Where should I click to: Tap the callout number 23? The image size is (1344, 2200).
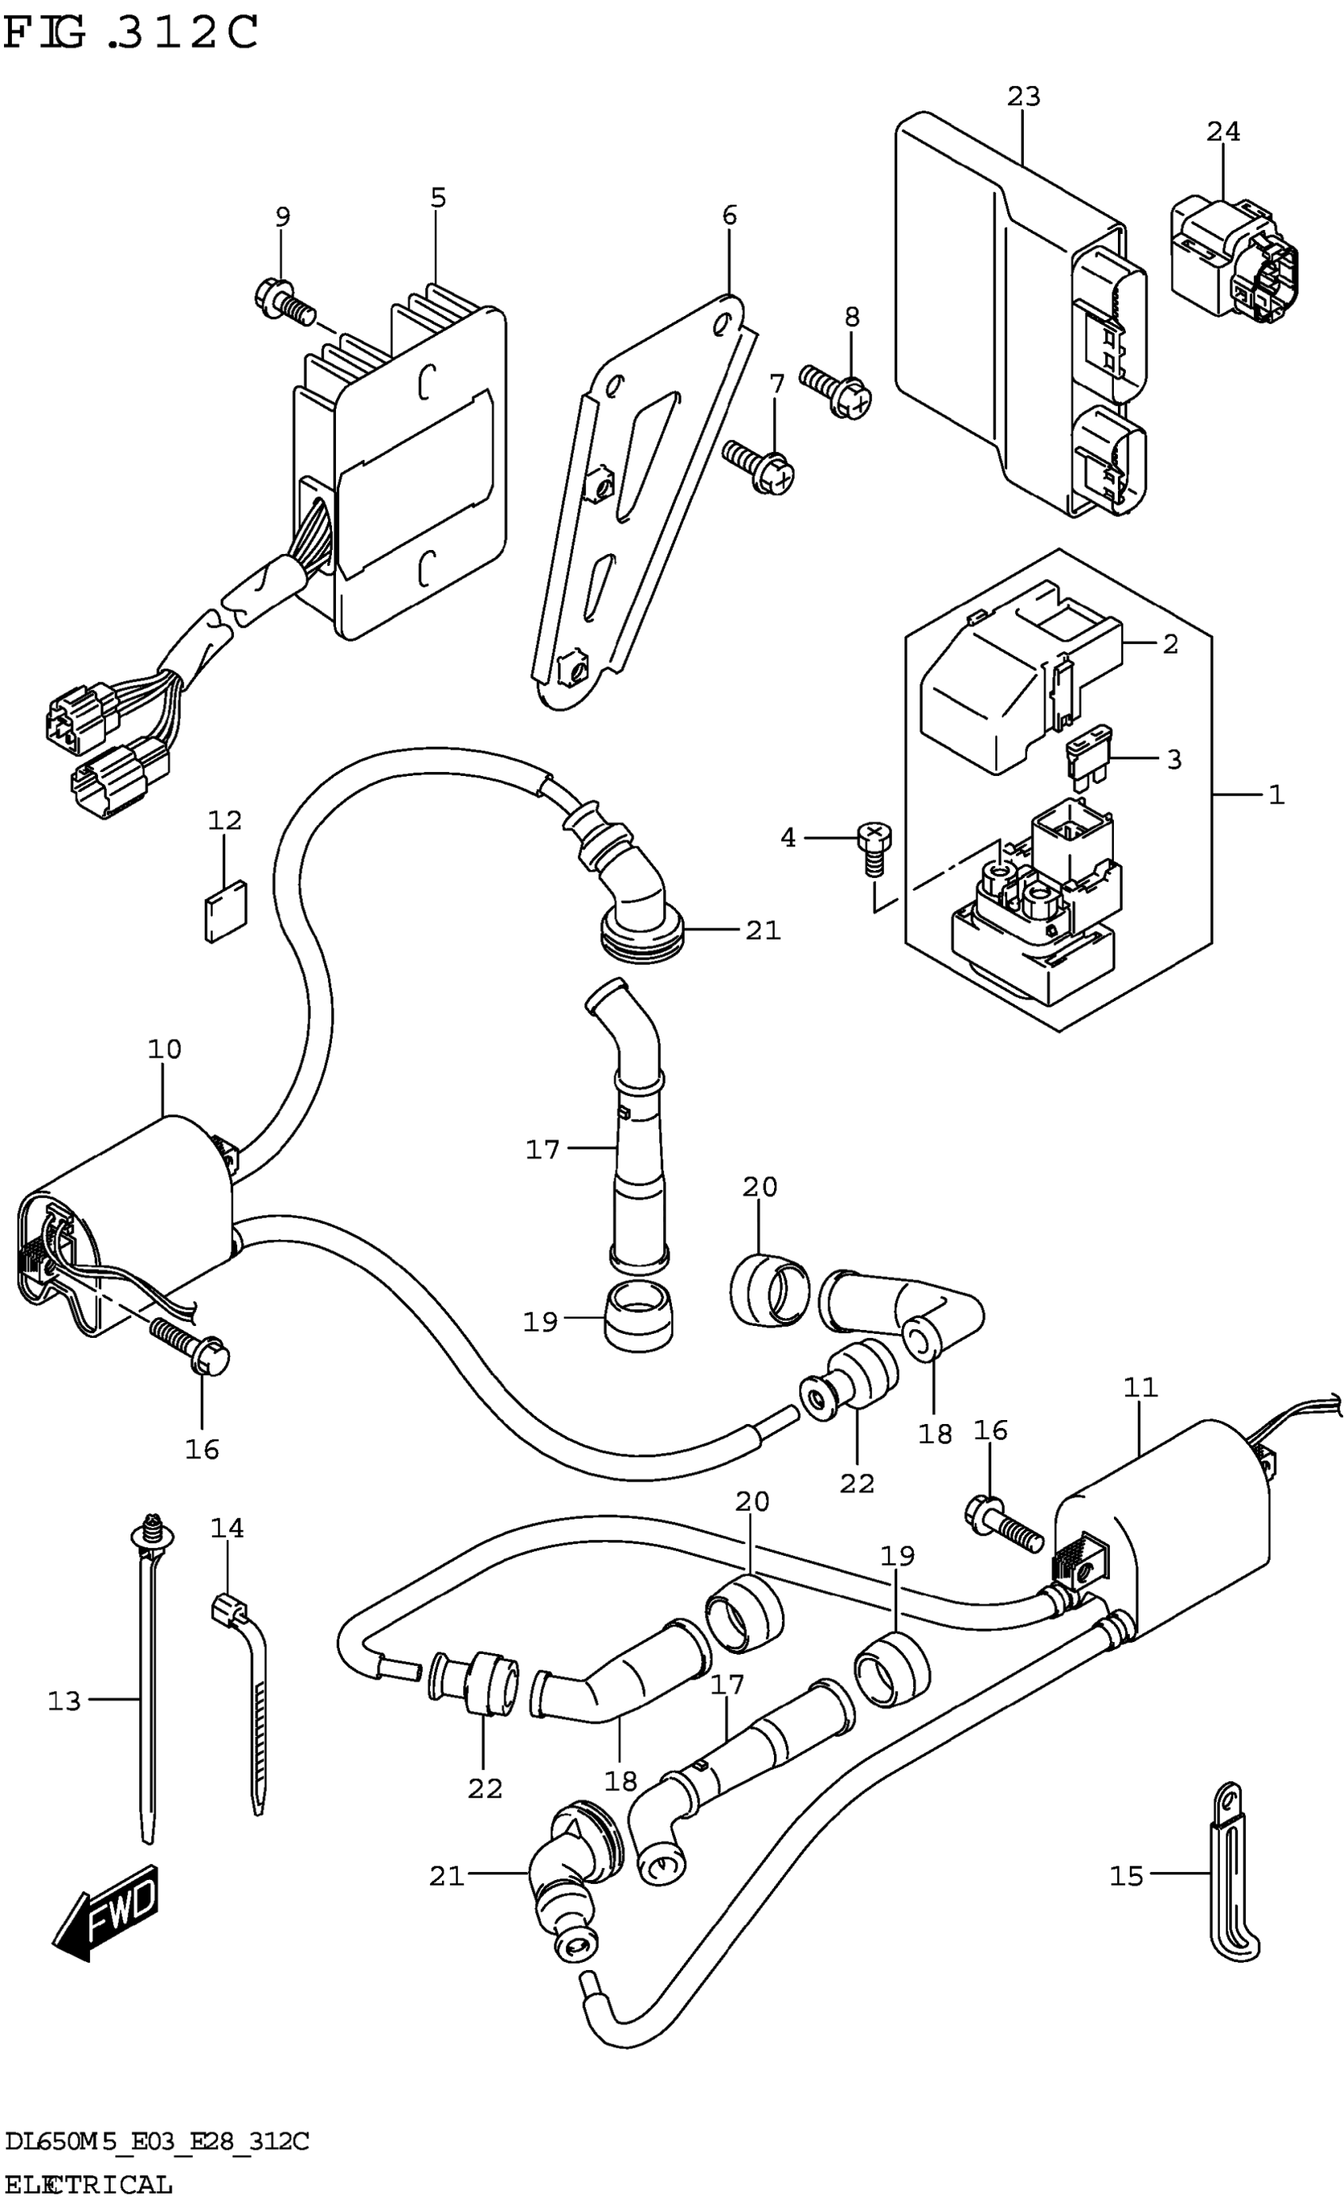click(x=1025, y=96)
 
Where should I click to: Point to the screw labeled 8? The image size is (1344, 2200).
click(x=835, y=393)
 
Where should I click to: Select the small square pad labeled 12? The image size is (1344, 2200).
click(x=225, y=910)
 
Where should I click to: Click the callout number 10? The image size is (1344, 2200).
click(x=164, y=1049)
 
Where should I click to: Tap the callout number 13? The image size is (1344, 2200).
click(x=64, y=1701)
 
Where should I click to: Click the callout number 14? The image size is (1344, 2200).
click(x=227, y=1528)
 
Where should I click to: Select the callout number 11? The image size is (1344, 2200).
click(x=1140, y=1388)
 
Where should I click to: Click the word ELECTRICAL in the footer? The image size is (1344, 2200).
click(x=89, y=2185)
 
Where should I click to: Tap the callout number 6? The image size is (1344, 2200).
click(x=730, y=215)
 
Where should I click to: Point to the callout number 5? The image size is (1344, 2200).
click(x=437, y=198)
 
